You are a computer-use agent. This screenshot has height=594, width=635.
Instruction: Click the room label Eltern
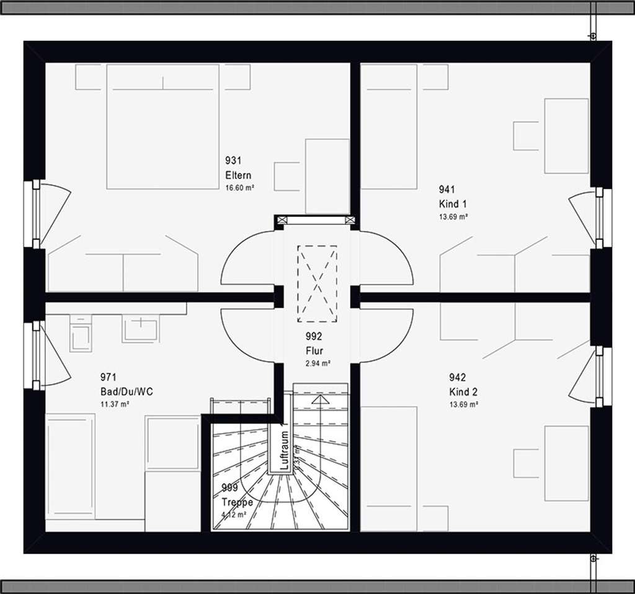[x=239, y=175]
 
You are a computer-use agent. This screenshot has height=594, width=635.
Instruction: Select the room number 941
[x=447, y=190]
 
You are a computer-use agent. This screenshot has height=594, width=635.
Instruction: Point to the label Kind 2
[x=463, y=391]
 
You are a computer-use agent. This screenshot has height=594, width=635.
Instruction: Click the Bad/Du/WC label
[x=127, y=391]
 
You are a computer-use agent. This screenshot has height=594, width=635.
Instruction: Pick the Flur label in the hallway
[x=314, y=351]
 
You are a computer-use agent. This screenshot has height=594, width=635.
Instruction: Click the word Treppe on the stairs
[x=237, y=502]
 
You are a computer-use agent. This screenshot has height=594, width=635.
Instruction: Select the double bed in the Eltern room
[x=162, y=127]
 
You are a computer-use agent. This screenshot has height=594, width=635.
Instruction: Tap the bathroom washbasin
[x=141, y=328]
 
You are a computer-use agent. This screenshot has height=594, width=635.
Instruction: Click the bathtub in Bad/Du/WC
[x=70, y=466]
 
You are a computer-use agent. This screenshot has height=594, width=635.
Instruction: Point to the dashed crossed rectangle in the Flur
[x=317, y=284]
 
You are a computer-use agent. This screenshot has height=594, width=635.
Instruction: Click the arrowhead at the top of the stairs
[x=320, y=400]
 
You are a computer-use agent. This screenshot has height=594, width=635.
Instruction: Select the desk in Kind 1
[x=566, y=136]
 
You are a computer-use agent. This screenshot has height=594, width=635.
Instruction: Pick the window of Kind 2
[x=600, y=377]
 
